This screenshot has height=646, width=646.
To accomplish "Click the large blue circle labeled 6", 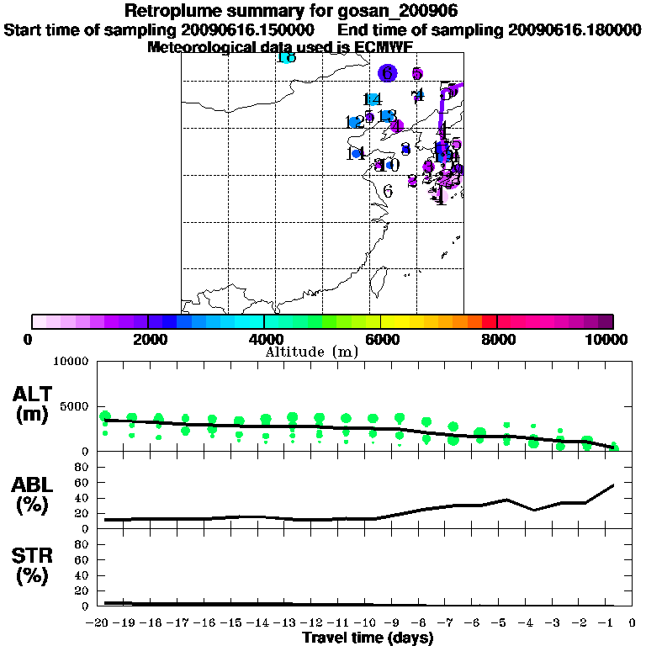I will tap(387, 73).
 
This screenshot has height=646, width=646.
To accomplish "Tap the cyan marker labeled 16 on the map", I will tap(286, 57).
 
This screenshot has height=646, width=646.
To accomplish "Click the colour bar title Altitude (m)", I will tap(311, 352).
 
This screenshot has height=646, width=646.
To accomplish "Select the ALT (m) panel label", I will tap(34, 403).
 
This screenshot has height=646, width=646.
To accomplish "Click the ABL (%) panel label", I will tap(34, 497).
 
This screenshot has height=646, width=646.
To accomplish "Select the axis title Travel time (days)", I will tap(368, 638).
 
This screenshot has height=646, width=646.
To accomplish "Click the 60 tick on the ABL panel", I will tap(82, 483).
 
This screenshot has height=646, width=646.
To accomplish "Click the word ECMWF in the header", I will tap(384, 48).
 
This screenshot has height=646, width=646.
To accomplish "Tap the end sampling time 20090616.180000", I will tap(575, 30).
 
